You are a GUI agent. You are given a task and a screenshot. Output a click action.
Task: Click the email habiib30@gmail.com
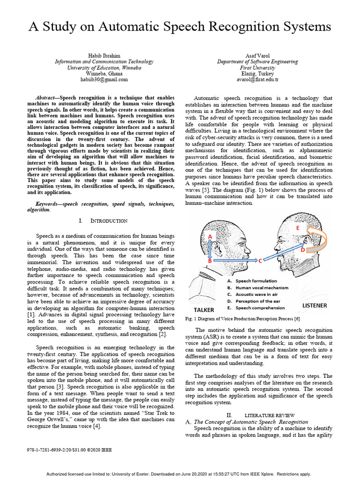pyautogui.click(x=104, y=80)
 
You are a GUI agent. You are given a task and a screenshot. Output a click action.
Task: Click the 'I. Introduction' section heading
pyautogui.click(x=103, y=221)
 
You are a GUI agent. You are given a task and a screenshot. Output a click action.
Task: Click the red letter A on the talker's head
pyautogui.click(x=210, y=237)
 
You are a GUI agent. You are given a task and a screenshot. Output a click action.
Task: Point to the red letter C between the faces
pyautogui.click(x=260, y=260)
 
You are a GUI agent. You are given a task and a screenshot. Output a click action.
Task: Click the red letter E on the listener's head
pyautogui.click(x=297, y=227)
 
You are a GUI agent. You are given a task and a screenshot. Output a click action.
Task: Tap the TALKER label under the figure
pyautogui.click(x=204, y=310)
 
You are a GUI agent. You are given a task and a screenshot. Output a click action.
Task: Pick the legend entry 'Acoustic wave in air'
pyautogui.click(x=256, y=294)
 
